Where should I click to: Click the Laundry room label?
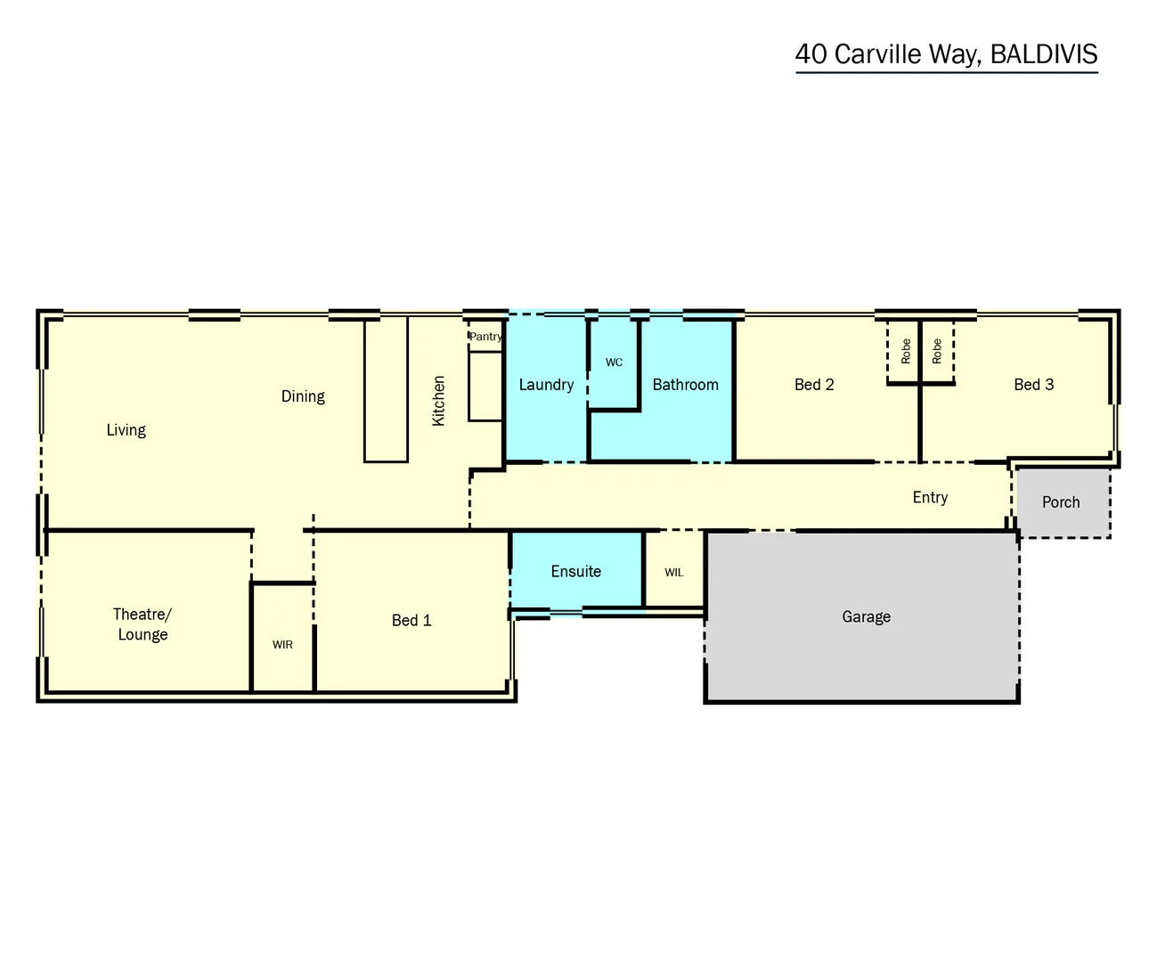point(546,385)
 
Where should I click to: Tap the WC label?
point(614,363)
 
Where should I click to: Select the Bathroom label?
point(685,385)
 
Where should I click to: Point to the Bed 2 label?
point(814,385)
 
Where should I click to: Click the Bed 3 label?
point(1033,385)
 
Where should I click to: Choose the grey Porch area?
point(1061,502)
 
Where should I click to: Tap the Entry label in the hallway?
point(930,498)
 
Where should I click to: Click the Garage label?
point(866,616)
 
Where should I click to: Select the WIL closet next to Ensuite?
point(674,572)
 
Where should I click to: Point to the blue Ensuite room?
point(575,572)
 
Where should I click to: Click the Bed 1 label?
point(411,621)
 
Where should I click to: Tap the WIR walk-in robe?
point(282,644)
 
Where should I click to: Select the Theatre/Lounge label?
point(143,624)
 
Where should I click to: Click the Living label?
point(126,430)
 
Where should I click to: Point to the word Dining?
point(303,396)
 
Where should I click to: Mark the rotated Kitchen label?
point(438,401)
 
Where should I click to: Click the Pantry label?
point(485,337)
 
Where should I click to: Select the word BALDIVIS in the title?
point(1043,54)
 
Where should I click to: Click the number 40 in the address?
point(811,54)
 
